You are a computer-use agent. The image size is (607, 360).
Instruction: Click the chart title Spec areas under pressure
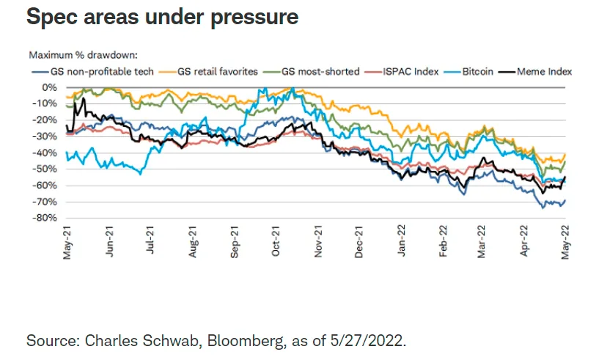coord(162,17)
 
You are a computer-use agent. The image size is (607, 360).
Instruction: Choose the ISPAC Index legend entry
coord(405,72)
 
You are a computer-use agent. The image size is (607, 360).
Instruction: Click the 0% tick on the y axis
coord(50,87)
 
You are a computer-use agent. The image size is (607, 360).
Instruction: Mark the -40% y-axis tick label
coord(46,153)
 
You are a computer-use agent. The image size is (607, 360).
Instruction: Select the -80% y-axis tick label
coord(46,218)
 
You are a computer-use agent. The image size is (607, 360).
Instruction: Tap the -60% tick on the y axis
coord(46,185)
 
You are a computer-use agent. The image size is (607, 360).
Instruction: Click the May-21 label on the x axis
coord(67,240)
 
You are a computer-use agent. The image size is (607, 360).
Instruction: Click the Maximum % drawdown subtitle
coord(84,55)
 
